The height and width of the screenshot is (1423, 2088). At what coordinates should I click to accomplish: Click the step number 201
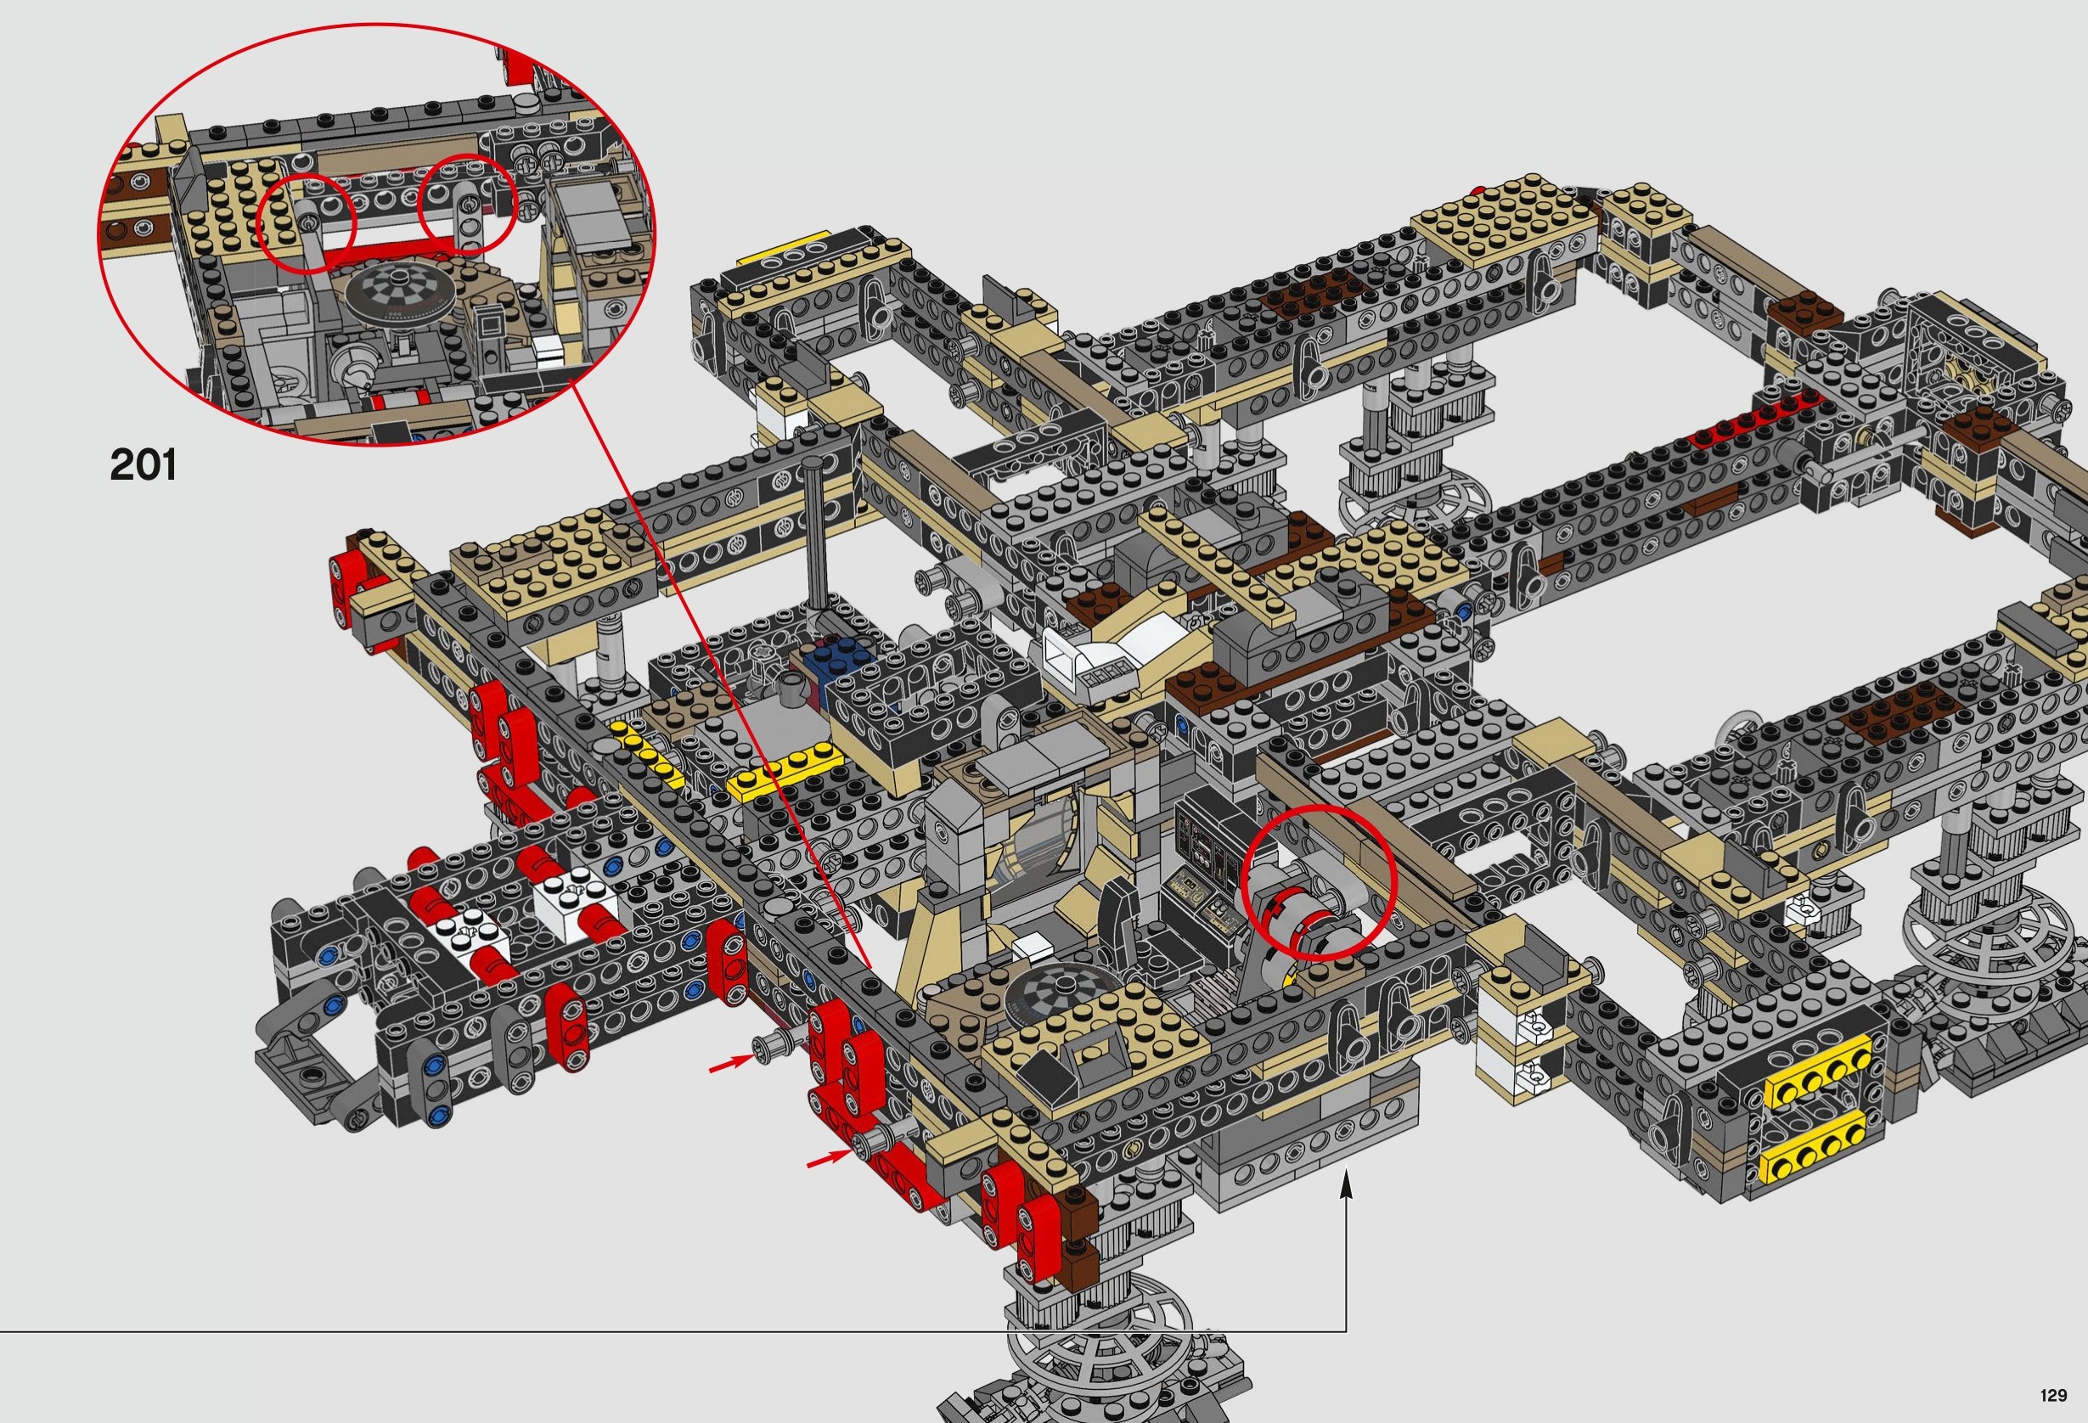point(143,465)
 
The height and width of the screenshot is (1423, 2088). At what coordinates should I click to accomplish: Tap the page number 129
point(2053,1395)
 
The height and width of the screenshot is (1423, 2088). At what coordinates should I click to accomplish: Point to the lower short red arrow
point(829,1160)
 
